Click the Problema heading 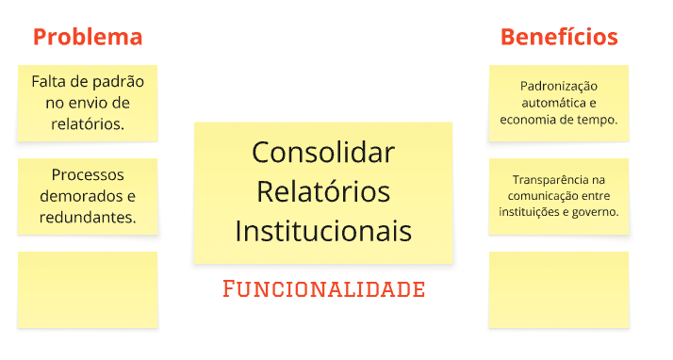(88, 37)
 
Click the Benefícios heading (559, 37)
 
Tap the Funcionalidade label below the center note (323, 288)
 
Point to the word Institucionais (323, 230)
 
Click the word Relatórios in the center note (323, 190)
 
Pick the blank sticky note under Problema (88, 289)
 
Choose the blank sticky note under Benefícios (559, 289)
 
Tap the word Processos (88, 174)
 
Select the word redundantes (88, 217)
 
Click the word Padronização (559, 86)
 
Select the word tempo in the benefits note (599, 120)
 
